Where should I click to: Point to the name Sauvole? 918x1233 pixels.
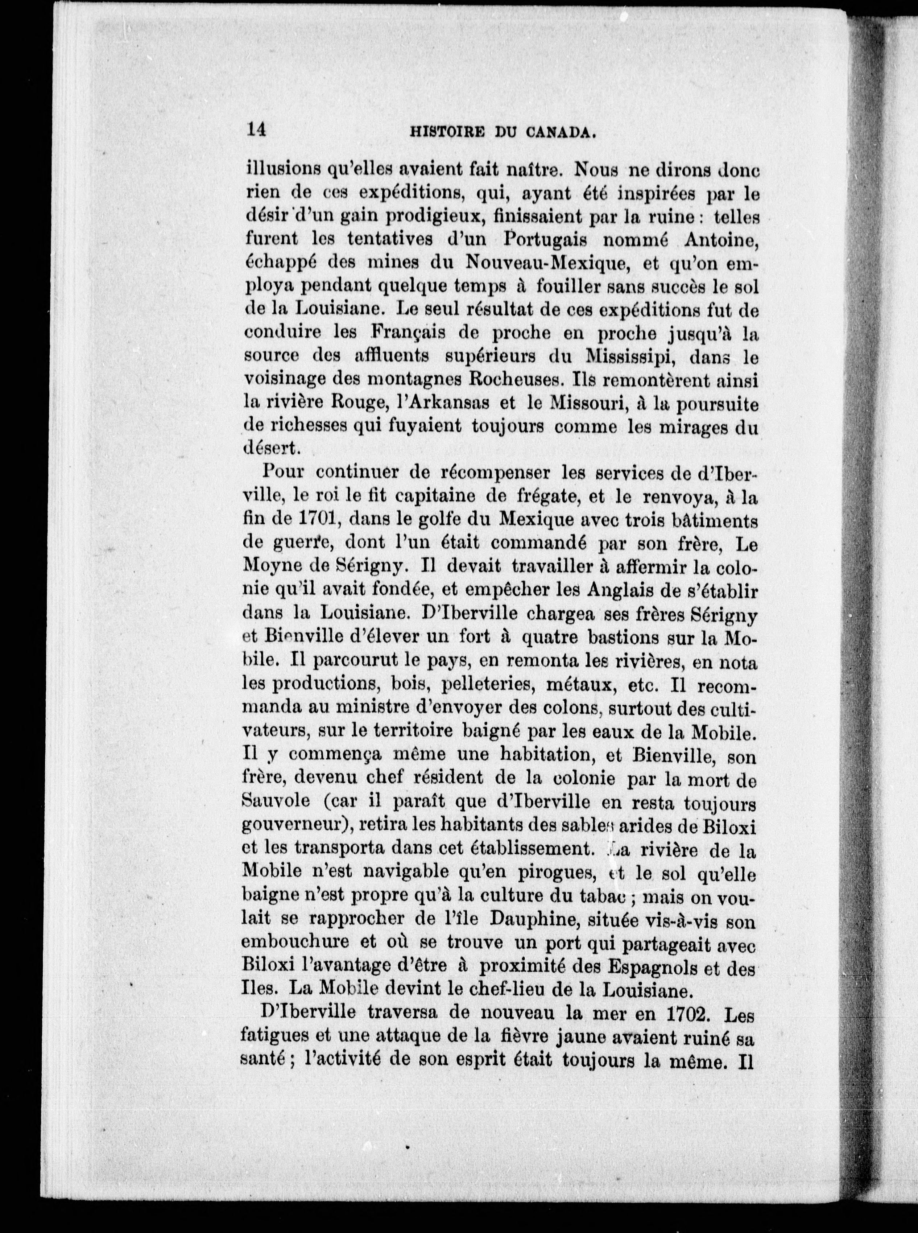click(x=272, y=804)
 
